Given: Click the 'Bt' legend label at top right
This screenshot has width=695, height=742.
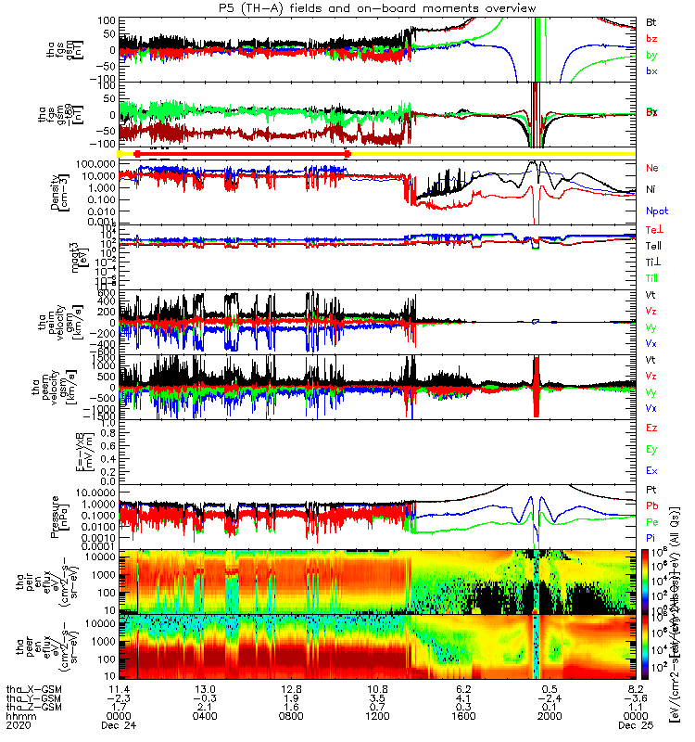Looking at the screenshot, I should point(651,21).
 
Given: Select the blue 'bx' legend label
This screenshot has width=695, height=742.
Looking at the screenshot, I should point(651,72).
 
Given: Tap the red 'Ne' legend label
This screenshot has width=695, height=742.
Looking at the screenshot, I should point(652,168).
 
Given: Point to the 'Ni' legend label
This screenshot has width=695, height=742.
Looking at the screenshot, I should point(651,189).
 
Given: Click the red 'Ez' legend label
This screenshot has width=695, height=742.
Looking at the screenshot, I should point(652,428).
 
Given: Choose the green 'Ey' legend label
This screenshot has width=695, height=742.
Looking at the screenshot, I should point(652,449).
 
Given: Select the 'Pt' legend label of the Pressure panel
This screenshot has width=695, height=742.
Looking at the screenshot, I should point(651,488).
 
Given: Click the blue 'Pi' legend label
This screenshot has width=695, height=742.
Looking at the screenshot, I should point(651,538).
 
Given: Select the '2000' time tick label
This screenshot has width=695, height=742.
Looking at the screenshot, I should point(550,716).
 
